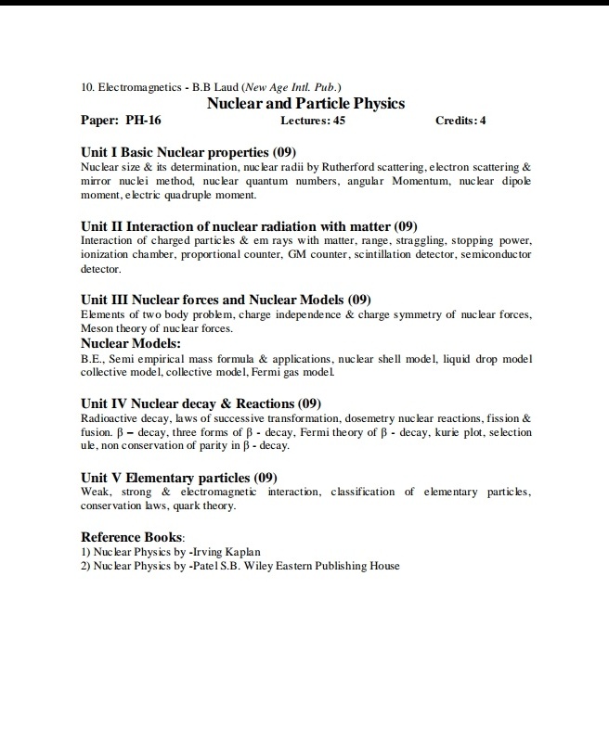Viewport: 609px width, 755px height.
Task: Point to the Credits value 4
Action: pos(483,121)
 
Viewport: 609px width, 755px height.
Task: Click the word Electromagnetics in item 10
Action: pos(136,87)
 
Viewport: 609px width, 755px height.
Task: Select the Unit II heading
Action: pos(249,225)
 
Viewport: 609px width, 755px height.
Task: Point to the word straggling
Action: pos(405,240)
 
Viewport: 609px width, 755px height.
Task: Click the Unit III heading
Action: pos(226,300)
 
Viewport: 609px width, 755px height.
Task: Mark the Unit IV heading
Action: pos(201,403)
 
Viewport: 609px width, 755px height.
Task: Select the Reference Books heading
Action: pos(133,537)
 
